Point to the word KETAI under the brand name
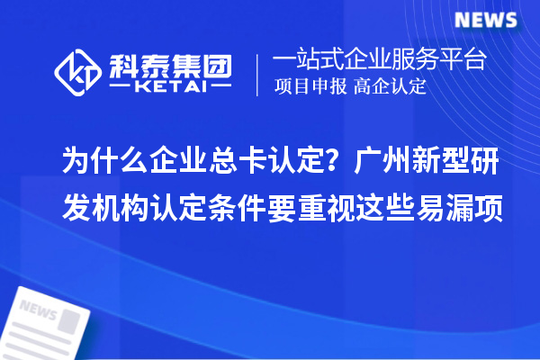click(170, 88)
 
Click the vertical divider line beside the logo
click(258, 74)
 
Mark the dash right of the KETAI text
click(218, 88)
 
